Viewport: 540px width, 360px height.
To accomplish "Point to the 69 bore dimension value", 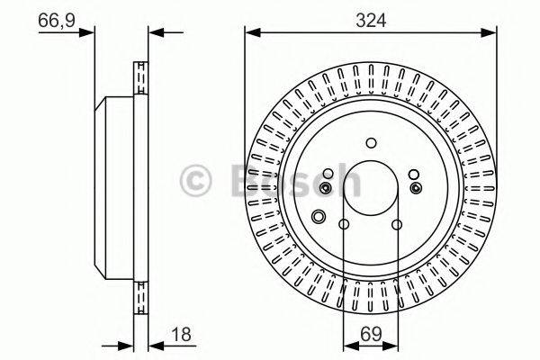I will point(370,335).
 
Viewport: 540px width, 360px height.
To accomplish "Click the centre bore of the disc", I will point(370,185).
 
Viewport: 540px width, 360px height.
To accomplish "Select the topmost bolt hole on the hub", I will point(371,141).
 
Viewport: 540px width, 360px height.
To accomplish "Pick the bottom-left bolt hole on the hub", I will point(344,225).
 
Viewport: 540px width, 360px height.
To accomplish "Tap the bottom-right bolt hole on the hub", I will point(397,225).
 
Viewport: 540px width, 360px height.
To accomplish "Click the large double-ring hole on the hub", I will point(318,216).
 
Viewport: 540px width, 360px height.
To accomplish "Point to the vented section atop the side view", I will point(140,80).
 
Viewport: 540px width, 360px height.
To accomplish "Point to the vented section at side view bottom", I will point(140,292).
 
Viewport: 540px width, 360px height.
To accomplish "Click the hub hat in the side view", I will point(113,185).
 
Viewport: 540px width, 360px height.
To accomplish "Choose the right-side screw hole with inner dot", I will point(415,187).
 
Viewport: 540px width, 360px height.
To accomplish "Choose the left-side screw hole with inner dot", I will point(326,187).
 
